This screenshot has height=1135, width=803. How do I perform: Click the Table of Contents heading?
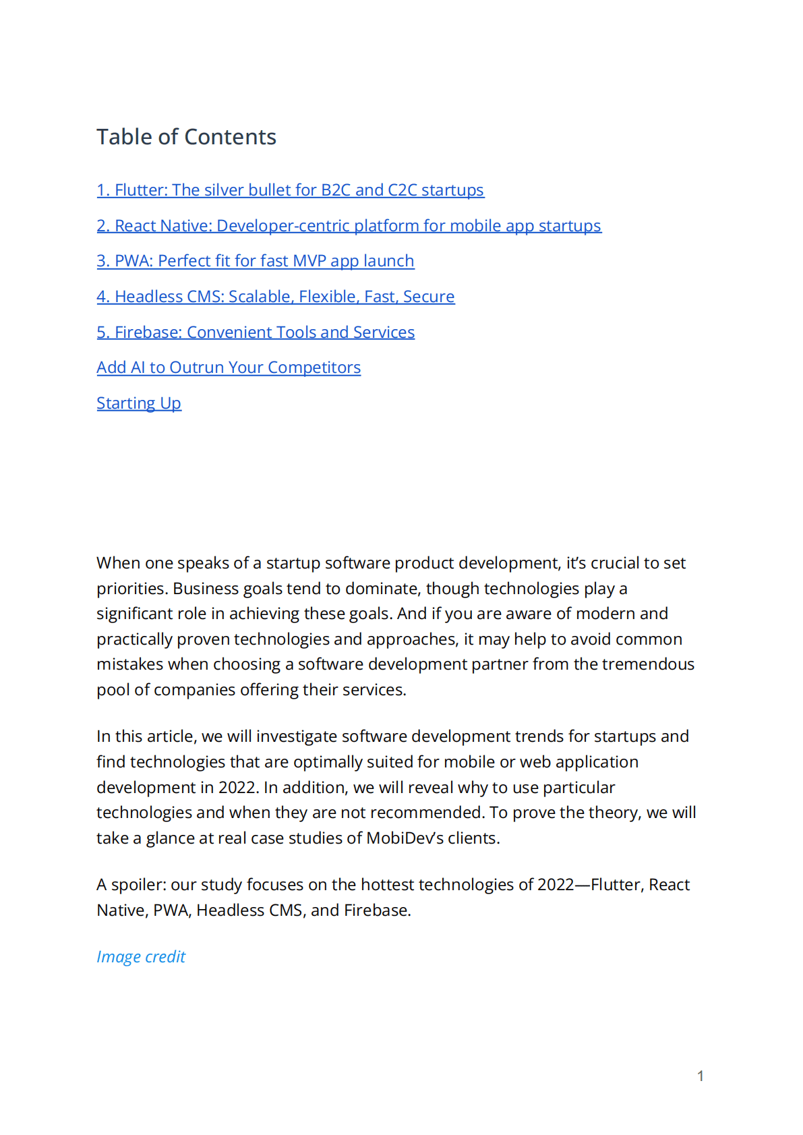[x=186, y=137]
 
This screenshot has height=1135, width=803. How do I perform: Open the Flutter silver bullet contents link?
[x=290, y=190]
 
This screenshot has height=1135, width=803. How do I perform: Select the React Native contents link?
[x=349, y=226]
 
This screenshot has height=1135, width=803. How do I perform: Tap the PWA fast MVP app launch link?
[x=255, y=261]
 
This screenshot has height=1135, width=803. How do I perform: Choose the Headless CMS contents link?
[x=275, y=297]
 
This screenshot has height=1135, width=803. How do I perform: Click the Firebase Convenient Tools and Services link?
[x=255, y=332]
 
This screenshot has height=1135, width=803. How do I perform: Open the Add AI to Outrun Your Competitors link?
[x=229, y=368]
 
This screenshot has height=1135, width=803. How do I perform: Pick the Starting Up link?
[x=139, y=403]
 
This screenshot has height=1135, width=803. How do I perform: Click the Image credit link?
[x=141, y=957]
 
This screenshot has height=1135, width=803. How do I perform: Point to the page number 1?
[x=701, y=1076]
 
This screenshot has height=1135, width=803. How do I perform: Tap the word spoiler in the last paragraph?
[x=138, y=885]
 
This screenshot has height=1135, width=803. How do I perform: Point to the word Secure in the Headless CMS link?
[x=429, y=297]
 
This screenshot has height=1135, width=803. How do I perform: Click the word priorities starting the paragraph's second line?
[x=131, y=589]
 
